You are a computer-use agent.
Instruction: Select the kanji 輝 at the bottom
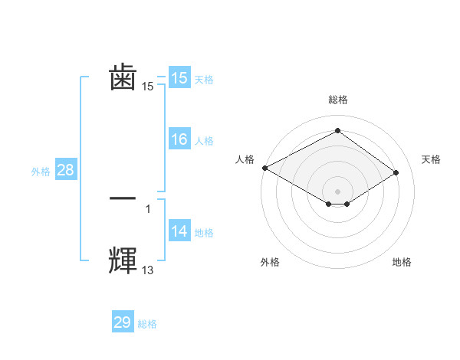point(123,260)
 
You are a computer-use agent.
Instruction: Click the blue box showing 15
point(179,77)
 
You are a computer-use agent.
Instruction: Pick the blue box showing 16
point(179,139)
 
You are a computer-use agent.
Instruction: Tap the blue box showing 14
point(179,232)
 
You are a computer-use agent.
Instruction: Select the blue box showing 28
point(65,170)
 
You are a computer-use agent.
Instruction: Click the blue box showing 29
point(123,322)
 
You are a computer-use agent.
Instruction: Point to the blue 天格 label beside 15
point(204,79)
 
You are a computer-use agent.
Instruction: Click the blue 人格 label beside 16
point(204,141)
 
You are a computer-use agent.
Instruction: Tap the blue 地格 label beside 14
point(204,233)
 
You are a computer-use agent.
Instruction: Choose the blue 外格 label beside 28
point(41,172)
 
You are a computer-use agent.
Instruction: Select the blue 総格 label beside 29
point(147,324)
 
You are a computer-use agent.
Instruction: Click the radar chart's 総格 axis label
point(337,100)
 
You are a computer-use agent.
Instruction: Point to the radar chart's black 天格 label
point(431,159)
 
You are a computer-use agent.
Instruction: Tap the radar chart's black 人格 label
point(245,159)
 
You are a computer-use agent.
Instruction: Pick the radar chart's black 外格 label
point(270,262)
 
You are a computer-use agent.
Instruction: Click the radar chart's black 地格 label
point(402,262)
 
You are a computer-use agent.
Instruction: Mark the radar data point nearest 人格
point(264,168)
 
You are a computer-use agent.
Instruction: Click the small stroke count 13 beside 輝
point(147,270)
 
